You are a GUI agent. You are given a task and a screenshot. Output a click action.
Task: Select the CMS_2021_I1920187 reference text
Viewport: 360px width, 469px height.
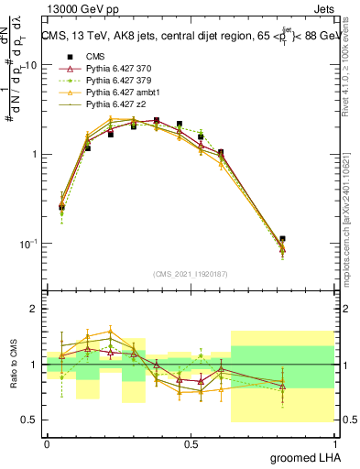pyautogui.click(x=191, y=272)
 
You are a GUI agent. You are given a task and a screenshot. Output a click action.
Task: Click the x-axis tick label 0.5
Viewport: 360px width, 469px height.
pyautogui.click(x=191, y=443)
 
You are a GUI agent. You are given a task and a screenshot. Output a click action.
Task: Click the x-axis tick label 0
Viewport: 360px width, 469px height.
pyautogui.click(x=47, y=443)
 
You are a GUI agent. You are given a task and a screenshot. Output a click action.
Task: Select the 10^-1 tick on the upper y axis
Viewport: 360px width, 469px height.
pyautogui.click(x=29, y=244)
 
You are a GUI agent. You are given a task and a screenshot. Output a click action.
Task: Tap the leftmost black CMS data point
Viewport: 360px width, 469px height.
pyautogui.click(x=61, y=207)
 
